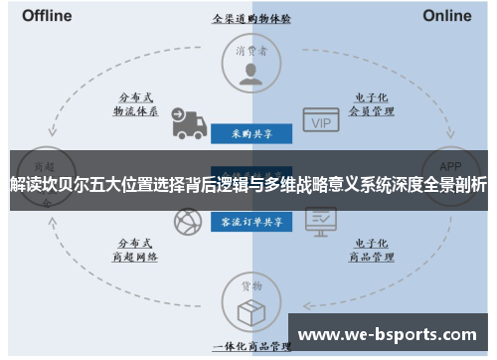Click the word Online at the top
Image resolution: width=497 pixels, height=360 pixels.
point(447,16)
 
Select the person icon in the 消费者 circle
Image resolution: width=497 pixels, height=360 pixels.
point(250,71)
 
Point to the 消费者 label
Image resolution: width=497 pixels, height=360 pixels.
point(250,50)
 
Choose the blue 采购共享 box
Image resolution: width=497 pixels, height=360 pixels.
point(250,131)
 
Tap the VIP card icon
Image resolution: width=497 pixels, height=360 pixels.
point(319,121)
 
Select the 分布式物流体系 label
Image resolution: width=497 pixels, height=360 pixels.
point(136,104)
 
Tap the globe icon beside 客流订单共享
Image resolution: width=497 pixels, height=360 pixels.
point(184,220)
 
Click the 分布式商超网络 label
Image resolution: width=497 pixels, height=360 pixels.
point(136,249)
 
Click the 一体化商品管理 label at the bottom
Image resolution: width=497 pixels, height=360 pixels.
point(250,347)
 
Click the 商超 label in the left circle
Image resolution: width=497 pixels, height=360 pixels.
point(45,166)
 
